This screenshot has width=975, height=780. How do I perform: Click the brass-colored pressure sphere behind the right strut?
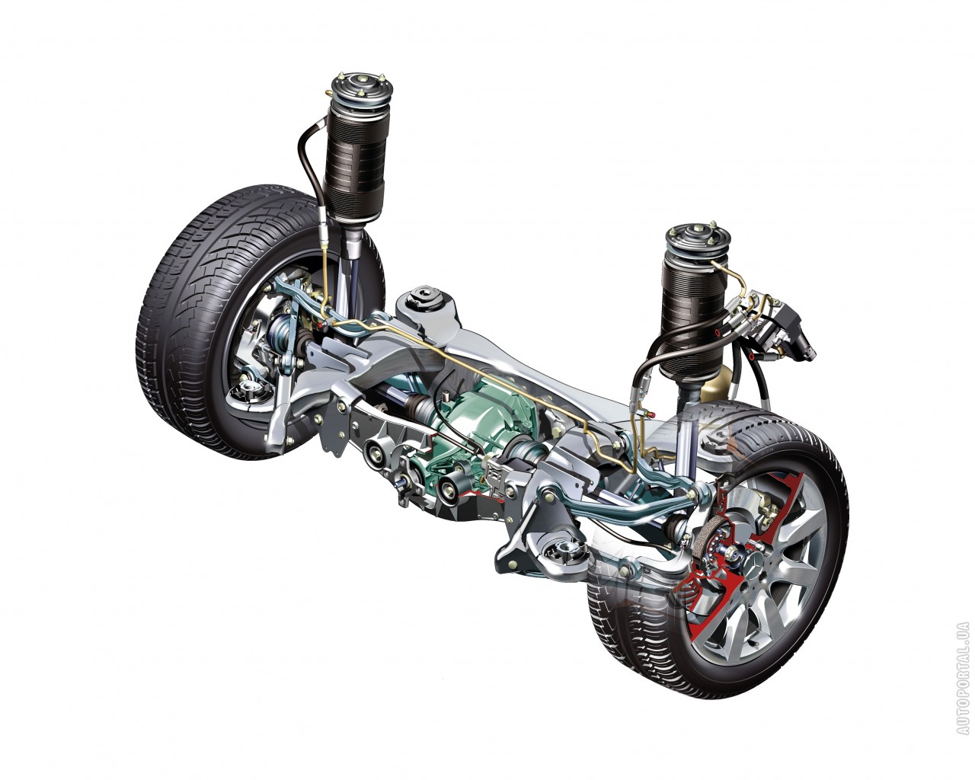click(x=715, y=386)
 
